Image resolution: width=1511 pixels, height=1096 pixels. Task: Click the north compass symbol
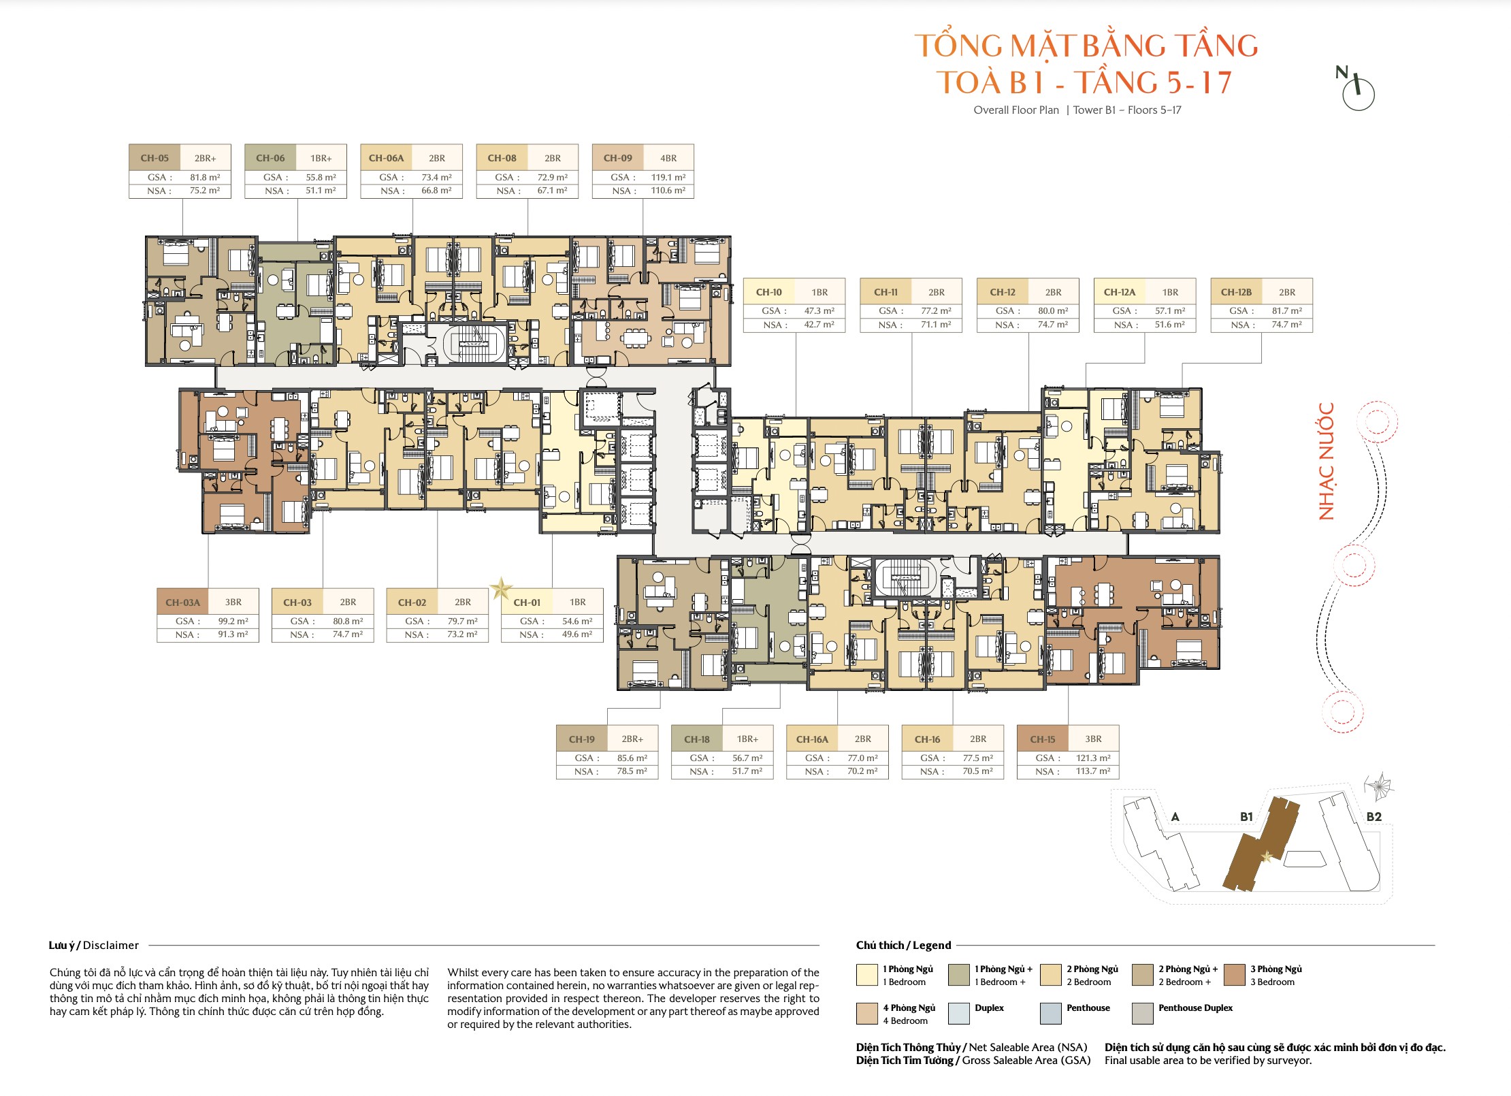pos(1356,89)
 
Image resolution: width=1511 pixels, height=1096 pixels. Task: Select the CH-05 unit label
pos(155,158)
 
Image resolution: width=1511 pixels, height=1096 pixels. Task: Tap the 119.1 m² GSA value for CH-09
pos(668,177)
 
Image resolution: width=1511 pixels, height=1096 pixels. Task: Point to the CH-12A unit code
pos(1120,292)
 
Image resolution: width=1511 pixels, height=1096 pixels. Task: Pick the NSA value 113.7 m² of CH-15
pos(1093,771)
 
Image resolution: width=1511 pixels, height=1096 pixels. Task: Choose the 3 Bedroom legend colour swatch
pos(1234,975)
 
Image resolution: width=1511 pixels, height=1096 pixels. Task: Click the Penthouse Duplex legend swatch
pos(1142,1013)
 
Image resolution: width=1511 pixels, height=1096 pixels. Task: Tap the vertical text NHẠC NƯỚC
pos(1326,461)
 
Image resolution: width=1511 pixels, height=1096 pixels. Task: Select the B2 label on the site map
pos(1374,817)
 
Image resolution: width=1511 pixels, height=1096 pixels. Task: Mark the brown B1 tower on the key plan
pos(1261,844)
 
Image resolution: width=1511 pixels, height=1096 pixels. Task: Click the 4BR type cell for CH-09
pos(668,158)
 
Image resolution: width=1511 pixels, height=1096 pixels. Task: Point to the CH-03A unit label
pos(183,602)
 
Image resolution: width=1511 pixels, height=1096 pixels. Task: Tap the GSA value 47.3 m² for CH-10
pos(819,311)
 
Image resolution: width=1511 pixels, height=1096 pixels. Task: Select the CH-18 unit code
pos(697,739)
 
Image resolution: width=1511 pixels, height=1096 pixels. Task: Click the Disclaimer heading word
pos(111,945)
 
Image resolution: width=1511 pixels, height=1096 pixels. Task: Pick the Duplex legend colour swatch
pos(958,1013)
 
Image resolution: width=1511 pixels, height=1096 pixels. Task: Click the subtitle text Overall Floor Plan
pos(1016,110)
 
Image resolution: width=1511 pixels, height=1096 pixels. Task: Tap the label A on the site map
pos(1175,817)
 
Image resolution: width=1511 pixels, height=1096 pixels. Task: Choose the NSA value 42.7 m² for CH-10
pos(819,325)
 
